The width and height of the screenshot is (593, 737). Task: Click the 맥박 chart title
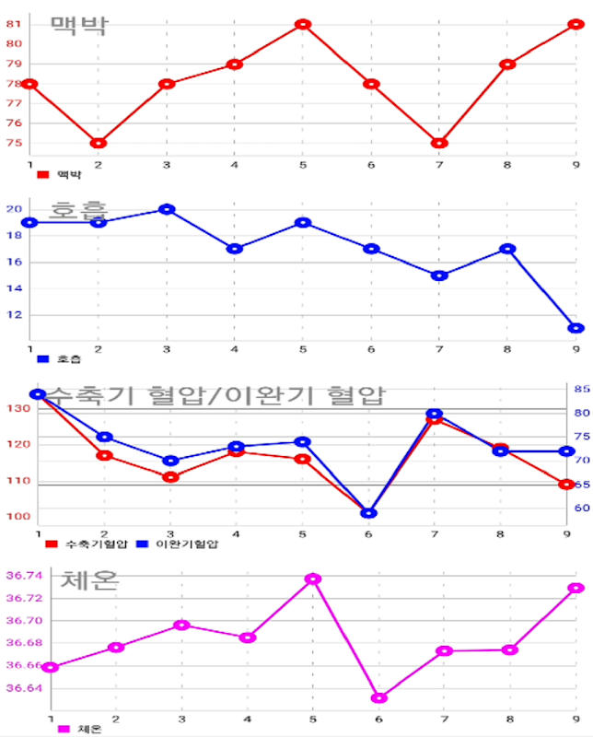tap(78, 25)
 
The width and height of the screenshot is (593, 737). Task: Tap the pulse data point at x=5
tap(303, 25)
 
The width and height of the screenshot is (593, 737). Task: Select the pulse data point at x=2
tap(99, 143)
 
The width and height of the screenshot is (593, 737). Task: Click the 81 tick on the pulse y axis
tap(14, 24)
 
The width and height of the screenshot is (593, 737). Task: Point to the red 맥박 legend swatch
tap(42, 174)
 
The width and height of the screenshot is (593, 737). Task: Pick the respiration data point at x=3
tap(167, 209)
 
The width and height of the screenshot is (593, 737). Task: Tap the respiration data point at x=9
tap(576, 328)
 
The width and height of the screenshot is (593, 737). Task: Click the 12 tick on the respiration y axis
tap(14, 315)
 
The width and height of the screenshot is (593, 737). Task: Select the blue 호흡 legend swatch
tap(42, 359)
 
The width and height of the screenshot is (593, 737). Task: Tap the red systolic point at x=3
tap(169, 476)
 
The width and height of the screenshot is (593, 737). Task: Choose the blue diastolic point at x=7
tap(435, 415)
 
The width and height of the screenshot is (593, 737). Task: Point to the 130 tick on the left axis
tap(17, 408)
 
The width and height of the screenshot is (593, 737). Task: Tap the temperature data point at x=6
tap(379, 697)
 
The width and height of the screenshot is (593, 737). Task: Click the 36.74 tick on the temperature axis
tap(24, 576)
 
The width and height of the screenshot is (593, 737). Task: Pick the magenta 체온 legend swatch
tap(64, 729)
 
